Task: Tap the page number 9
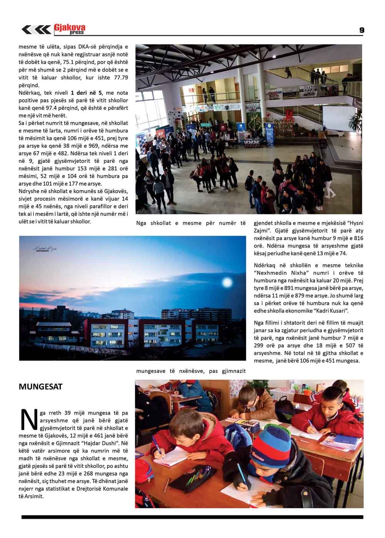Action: (x=362, y=30)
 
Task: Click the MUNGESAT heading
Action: (x=40, y=386)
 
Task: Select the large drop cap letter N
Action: (x=27, y=419)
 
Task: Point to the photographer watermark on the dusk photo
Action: (x=46, y=249)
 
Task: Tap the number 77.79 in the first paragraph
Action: (x=119, y=77)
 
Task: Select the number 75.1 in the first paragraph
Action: (x=76, y=62)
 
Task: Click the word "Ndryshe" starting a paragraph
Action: (x=29, y=191)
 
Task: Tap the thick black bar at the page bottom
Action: (x=192, y=517)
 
